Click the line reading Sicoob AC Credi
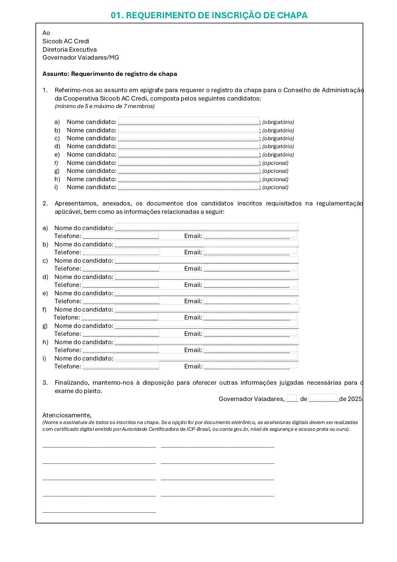click(x=66, y=41)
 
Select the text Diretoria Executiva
click(x=69, y=50)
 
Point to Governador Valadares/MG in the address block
click(x=81, y=58)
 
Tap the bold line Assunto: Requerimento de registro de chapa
click(x=110, y=74)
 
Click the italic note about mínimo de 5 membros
click(x=104, y=107)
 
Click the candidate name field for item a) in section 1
click(x=189, y=121)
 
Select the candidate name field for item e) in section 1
click(x=189, y=154)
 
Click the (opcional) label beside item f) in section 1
click(x=276, y=163)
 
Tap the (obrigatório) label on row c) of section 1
click(x=278, y=138)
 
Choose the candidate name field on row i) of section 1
click(x=189, y=186)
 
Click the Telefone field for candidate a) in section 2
click(x=121, y=235)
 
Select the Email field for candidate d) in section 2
click(x=250, y=284)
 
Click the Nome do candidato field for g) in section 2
click(x=206, y=325)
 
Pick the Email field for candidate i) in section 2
click(x=250, y=366)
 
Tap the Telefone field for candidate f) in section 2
click(x=120, y=317)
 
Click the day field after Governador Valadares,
click(x=292, y=398)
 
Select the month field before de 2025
click(x=323, y=398)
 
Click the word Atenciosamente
click(x=67, y=415)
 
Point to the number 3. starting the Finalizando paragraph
click(x=45, y=383)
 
